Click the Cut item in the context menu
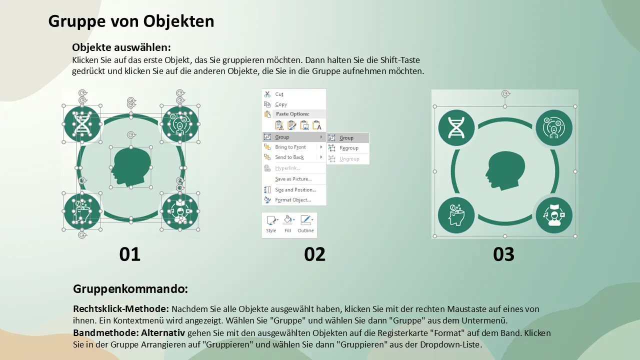[x=279, y=94]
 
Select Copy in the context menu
[x=281, y=104]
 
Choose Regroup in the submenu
[x=348, y=148]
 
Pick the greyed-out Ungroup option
[x=349, y=159]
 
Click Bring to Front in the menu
[x=290, y=147]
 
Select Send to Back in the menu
[x=289, y=157]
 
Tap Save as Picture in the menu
[x=293, y=179]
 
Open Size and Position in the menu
[x=295, y=190]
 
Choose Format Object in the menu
[x=292, y=200]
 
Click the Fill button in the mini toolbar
[x=287, y=224]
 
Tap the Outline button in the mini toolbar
[x=305, y=224]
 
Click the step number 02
[x=314, y=254]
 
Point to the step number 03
[x=503, y=254]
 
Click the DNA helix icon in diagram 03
[x=456, y=127]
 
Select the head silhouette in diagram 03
[x=505, y=170]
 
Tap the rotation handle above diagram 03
[x=505, y=93]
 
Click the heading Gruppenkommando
[x=130, y=289]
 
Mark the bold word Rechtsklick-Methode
[x=121, y=309]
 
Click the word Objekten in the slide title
[x=178, y=21]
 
